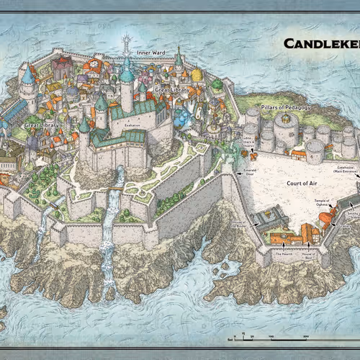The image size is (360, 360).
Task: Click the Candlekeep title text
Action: coord(320,43)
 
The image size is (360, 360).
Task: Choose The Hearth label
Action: coord(282,254)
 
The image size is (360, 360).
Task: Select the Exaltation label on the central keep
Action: coord(132,124)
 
